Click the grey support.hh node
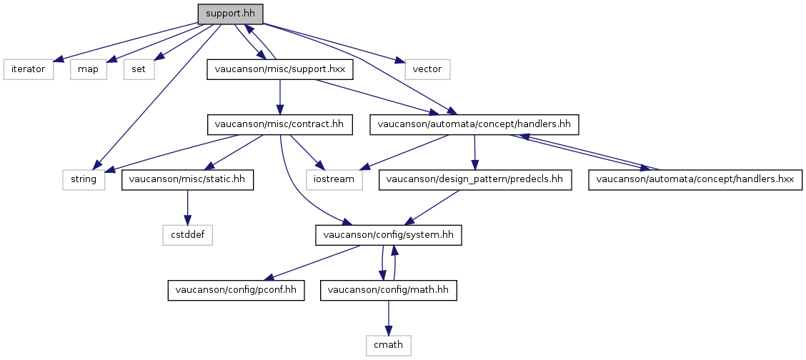(x=230, y=14)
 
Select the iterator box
(x=29, y=69)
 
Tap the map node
(x=89, y=69)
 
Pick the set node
(x=139, y=69)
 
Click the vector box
(x=427, y=69)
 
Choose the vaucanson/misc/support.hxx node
(x=280, y=69)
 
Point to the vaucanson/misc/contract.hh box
(x=279, y=125)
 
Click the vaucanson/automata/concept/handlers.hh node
(x=474, y=125)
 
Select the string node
(x=84, y=180)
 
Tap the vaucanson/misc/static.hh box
(x=188, y=180)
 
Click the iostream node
(x=334, y=180)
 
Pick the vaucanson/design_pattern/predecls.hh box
(x=475, y=180)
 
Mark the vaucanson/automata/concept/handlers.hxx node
(x=695, y=180)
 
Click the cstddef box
(x=188, y=236)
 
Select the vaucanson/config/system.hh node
(x=388, y=236)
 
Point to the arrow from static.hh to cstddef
(x=188, y=208)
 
